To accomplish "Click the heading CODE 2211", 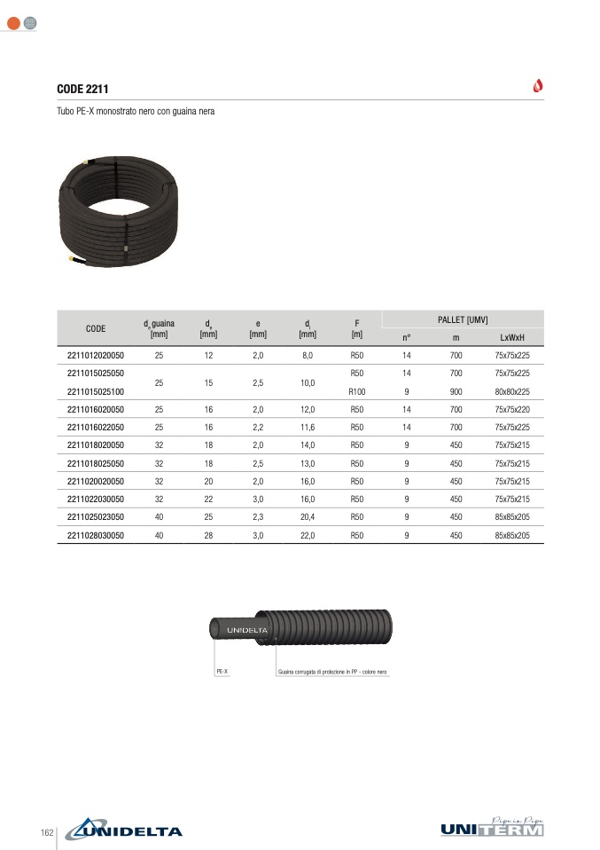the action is [82, 89].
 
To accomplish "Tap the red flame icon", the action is [538, 86].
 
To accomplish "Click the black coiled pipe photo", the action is [118, 211].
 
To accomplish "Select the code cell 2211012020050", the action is [96, 356].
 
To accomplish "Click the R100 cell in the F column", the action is [357, 392].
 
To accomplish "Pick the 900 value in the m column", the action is [456, 392].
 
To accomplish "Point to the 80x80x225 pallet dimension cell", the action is [512, 392].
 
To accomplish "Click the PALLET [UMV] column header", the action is [463, 319].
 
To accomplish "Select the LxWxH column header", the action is [512, 338].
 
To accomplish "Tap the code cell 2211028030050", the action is [96, 536].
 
